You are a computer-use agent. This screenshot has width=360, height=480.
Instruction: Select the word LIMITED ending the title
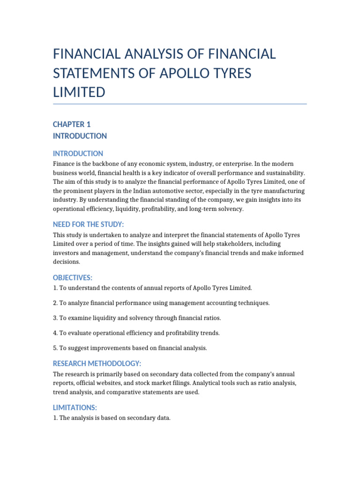click(79, 92)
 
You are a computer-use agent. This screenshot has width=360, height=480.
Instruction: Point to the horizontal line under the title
click(180, 104)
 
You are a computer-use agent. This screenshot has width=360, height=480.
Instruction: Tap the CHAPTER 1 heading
click(72, 124)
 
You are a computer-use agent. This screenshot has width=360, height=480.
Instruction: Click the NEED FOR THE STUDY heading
click(88, 225)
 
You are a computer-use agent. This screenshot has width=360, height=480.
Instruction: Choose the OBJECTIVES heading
click(73, 277)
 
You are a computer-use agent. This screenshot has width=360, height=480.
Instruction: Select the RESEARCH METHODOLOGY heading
click(97, 364)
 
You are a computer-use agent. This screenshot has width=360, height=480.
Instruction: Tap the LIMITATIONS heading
click(75, 408)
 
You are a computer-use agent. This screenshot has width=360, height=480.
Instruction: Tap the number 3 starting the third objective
click(55, 318)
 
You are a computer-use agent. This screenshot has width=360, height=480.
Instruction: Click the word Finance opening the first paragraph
click(65, 164)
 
